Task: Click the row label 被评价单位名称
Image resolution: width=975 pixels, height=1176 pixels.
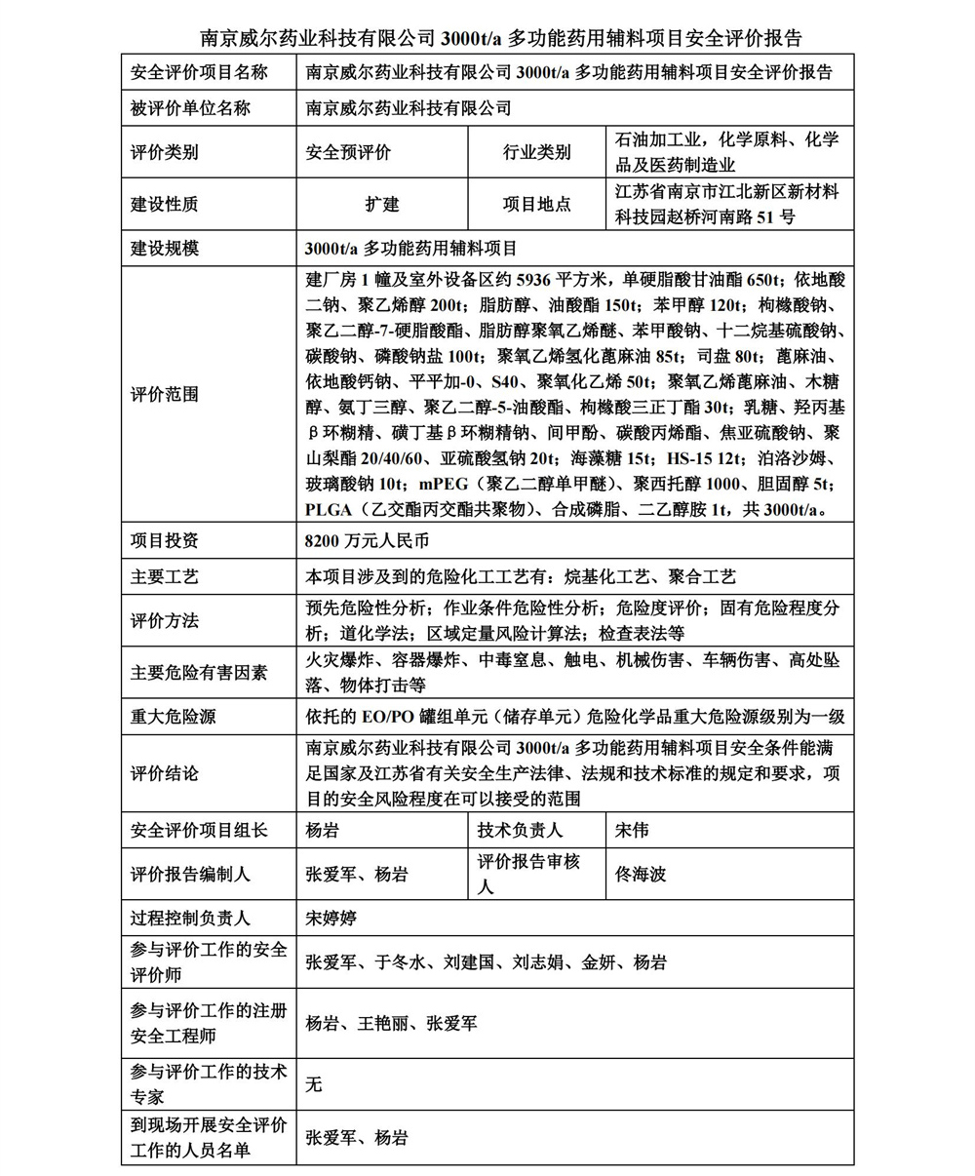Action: pos(190,108)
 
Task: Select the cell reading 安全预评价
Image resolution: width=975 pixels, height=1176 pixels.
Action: pos(348,153)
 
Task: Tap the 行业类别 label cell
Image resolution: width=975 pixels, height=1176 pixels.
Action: pos(536,153)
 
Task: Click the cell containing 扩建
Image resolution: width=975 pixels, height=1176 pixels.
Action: pos(382,205)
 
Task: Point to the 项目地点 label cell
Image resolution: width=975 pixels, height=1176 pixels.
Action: pos(536,205)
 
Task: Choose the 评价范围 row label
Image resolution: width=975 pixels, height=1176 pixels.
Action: pos(164,394)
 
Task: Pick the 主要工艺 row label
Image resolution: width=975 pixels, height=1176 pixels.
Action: pos(164,577)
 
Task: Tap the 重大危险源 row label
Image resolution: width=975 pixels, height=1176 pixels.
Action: pos(173,717)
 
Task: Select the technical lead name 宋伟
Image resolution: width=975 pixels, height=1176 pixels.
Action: pos(632,831)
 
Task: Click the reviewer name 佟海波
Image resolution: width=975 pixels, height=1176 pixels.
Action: pos(641,874)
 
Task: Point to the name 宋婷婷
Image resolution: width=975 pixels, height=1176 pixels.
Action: pos(331,918)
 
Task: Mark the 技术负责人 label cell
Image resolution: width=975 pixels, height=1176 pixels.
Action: pos(520,831)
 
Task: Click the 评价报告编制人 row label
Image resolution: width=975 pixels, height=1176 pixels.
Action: pos(190,874)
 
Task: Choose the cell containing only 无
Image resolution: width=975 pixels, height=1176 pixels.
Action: pos(313,1083)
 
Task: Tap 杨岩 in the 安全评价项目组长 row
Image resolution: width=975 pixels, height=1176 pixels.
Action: pos(323,831)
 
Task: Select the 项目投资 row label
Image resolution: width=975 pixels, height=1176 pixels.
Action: pos(164,540)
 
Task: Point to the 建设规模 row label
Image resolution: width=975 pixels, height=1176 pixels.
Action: pos(164,248)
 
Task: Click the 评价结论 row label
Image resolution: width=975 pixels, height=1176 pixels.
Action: pos(164,773)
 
